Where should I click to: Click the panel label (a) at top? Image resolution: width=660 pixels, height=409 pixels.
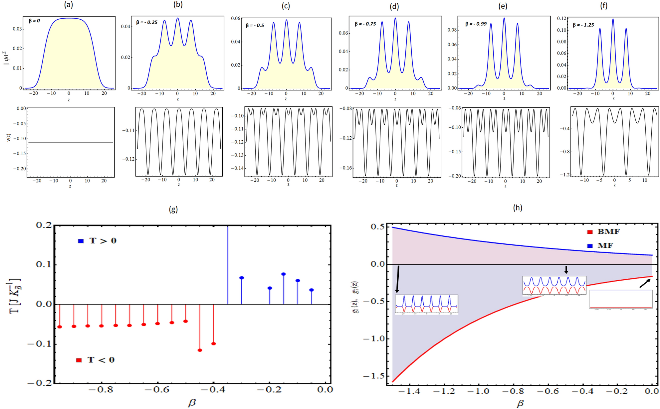tap(69, 5)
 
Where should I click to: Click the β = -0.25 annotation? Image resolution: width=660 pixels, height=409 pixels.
tap(147, 22)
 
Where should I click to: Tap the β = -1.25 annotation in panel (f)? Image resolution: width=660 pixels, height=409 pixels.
tap(583, 25)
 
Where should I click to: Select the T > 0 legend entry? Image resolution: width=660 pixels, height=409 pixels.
tap(98, 241)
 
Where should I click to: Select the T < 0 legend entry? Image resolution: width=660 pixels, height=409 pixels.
tap(96, 360)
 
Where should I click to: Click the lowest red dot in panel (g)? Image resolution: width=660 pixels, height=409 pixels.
tap(200, 350)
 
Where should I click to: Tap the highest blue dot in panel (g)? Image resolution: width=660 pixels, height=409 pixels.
tap(284, 274)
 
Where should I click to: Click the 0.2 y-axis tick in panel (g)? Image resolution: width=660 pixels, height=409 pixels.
tap(44, 225)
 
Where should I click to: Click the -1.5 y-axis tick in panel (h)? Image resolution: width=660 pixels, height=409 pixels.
tap(373, 376)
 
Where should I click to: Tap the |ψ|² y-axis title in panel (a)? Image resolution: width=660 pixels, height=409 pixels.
tap(6, 58)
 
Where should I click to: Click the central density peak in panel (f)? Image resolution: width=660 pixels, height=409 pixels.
tap(613, 19)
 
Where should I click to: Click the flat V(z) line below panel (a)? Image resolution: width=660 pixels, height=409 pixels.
tap(70, 142)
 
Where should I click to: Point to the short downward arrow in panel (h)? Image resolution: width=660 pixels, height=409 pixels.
tap(566, 269)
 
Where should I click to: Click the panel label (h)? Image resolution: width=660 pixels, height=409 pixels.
tap(518, 208)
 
